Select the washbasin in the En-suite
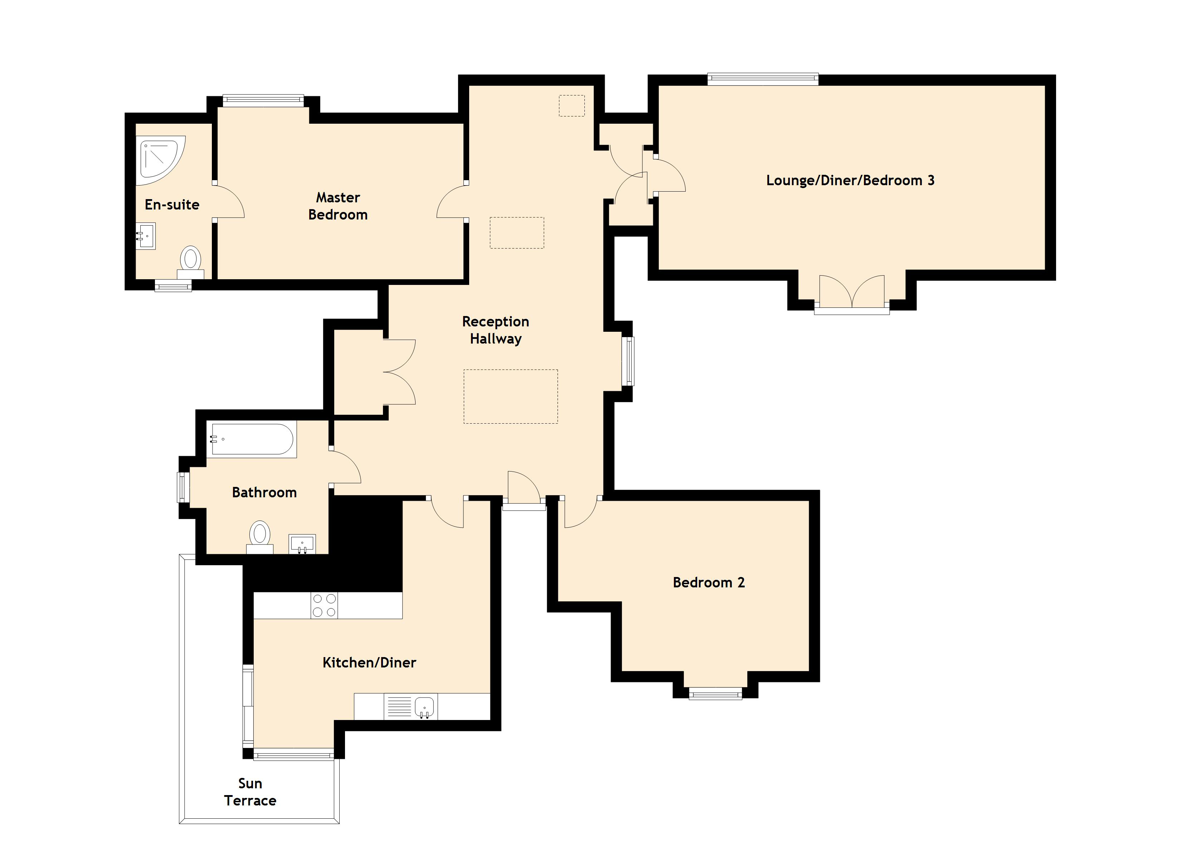146,236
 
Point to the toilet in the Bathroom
260,537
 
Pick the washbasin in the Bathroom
302,544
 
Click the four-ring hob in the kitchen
324,606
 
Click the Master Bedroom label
338,206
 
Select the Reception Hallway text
496,330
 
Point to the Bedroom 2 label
709,582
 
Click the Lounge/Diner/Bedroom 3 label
850,181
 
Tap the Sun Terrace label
250,792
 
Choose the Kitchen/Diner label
369,662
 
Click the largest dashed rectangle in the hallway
511,396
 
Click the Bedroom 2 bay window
715,693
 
